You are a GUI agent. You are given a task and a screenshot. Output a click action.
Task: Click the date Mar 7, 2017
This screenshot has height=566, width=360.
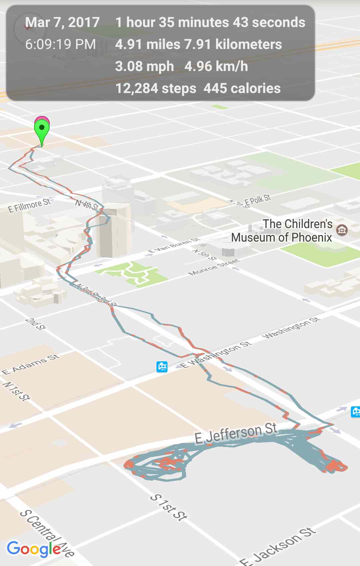pos(62,22)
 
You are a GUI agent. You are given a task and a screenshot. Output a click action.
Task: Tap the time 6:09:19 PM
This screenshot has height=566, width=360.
pos(60,44)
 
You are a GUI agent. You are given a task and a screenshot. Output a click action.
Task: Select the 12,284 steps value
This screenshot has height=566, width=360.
pos(156,88)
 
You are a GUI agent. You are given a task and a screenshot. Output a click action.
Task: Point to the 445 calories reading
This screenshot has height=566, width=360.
pos(242,88)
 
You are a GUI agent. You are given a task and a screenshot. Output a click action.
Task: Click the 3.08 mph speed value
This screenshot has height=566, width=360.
pos(144,66)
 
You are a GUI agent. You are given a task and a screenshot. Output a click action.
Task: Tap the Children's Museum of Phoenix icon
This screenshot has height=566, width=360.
pos(342,230)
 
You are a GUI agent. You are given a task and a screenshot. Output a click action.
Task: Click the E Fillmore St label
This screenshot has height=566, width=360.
pos(29,205)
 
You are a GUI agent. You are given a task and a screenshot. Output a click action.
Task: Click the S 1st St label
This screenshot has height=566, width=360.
pos(169,507)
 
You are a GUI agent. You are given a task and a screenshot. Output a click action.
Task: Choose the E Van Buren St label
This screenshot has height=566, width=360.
pos(174,246)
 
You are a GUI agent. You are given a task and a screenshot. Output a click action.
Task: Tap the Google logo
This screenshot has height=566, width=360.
pos(34,549)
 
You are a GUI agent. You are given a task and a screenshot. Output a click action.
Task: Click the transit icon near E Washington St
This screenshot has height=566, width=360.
pos(162,367)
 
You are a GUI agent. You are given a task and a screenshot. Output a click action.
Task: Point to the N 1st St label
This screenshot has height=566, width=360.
pos(17,391)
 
